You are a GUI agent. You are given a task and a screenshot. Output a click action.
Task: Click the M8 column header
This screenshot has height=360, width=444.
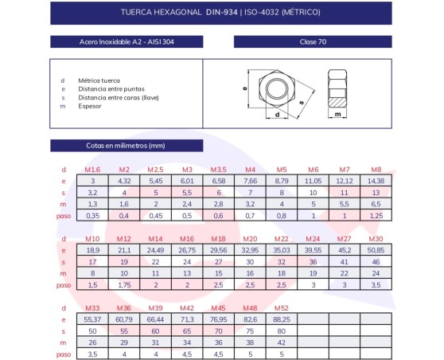click(376, 170)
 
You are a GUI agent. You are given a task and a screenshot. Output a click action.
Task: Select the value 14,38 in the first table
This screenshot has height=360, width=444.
click(376, 181)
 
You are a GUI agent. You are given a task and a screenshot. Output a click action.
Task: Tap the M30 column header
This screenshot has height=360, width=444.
click(376, 239)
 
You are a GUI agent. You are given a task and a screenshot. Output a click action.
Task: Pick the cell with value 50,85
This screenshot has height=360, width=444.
click(376, 250)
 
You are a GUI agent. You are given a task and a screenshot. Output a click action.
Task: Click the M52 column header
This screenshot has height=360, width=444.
click(281, 308)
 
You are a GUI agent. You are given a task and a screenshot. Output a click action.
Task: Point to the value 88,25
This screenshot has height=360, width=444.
click(281, 319)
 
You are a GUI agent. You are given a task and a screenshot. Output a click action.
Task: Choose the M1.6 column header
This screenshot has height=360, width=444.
click(92, 170)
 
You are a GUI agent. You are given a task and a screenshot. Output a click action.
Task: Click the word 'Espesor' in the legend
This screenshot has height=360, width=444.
click(90, 105)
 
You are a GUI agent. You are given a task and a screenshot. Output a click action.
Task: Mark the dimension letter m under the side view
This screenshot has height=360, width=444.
click(339, 115)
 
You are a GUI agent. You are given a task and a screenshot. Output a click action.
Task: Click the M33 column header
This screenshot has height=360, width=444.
click(92, 308)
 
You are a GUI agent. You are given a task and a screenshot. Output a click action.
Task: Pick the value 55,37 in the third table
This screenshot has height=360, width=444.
click(92, 319)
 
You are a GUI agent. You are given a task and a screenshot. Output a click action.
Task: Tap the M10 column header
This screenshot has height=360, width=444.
click(92, 239)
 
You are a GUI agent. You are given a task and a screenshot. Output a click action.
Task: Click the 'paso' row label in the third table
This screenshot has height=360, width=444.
click(63, 354)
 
